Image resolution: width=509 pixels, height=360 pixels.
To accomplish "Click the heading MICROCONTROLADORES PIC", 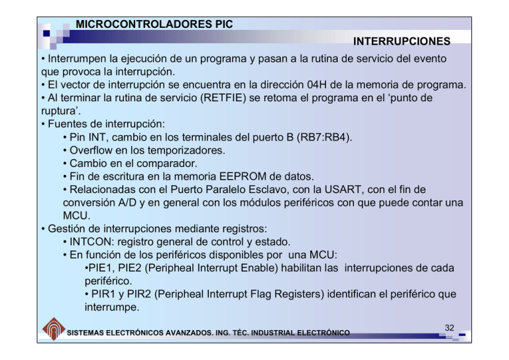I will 154,24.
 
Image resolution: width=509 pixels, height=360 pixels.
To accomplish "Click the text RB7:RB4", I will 325,137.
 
